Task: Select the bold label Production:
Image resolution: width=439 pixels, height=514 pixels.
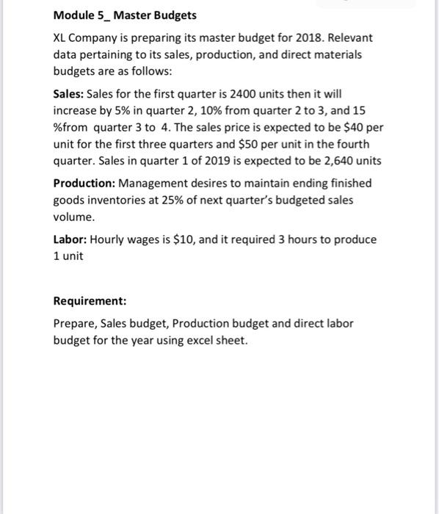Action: point(84,183)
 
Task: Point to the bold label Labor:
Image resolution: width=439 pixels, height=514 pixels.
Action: point(70,239)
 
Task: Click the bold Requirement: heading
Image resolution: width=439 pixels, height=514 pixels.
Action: point(90,301)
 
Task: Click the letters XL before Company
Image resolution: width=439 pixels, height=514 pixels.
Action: point(61,37)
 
